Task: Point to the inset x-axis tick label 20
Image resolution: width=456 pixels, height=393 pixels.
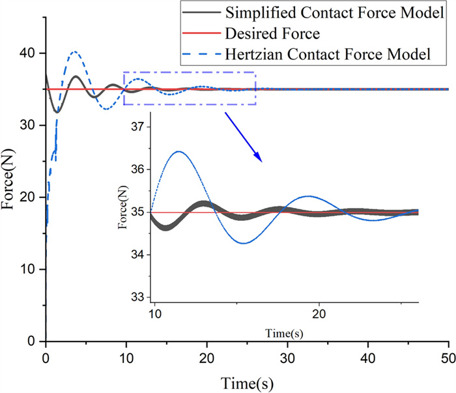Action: pos(319,313)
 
